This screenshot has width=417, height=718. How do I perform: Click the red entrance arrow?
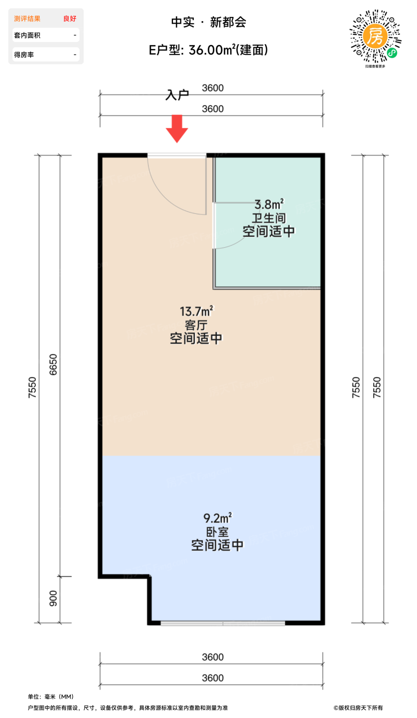pyautogui.click(x=176, y=128)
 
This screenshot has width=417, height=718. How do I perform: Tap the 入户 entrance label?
pyautogui.click(x=177, y=95)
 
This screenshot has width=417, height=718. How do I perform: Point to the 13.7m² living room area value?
pyautogui.click(x=196, y=311)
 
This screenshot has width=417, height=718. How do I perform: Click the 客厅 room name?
pyautogui.click(x=196, y=324)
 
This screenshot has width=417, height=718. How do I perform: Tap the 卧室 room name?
pyautogui.click(x=217, y=531)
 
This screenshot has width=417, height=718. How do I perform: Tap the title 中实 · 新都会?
pyautogui.click(x=208, y=23)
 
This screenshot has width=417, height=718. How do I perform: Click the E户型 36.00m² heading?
pyautogui.click(x=208, y=50)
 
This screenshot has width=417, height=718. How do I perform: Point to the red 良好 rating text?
pyautogui.click(x=70, y=18)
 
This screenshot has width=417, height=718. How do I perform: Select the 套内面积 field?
pyautogui.click(x=45, y=35)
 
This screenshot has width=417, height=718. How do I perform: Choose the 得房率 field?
pyautogui.click(x=45, y=54)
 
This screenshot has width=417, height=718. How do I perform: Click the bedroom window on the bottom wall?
pyautogui.click(x=223, y=623)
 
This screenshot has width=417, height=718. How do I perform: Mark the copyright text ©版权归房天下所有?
pyautogui.click(x=358, y=708)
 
